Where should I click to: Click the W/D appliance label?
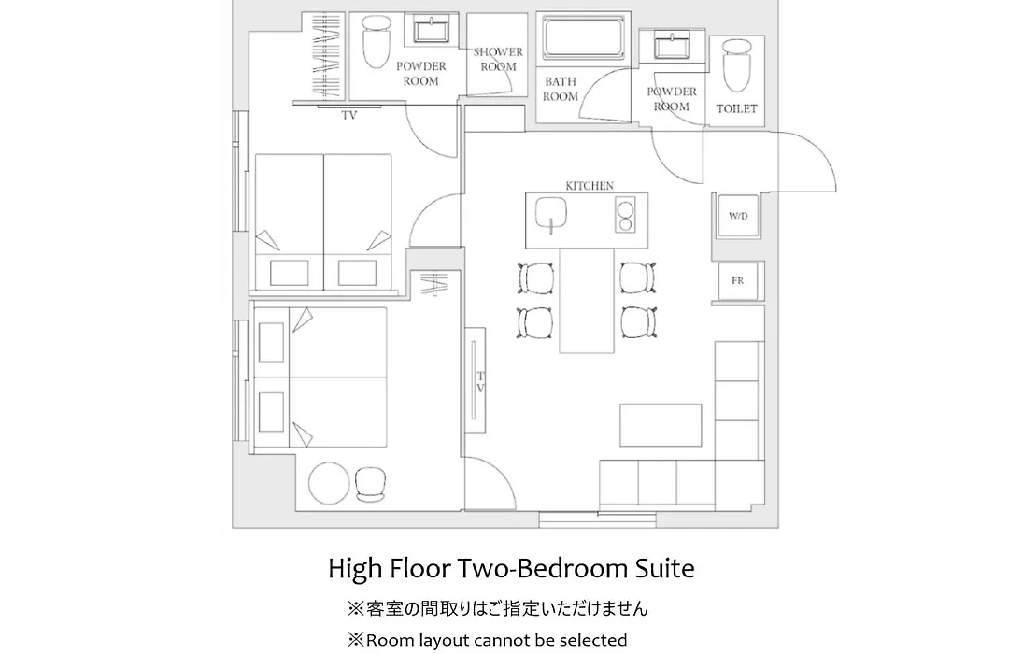[738, 216]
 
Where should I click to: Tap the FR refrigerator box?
[738, 280]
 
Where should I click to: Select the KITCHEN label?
[590, 185]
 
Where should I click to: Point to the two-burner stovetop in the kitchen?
[625, 215]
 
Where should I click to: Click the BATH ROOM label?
[561, 89]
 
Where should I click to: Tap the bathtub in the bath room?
[584, 38]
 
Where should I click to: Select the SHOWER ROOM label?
[498, 59]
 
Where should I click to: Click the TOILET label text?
[737, 108]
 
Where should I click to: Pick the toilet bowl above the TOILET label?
[737, 64]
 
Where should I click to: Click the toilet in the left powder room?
[377, 41]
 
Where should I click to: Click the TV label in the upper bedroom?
[349, 116]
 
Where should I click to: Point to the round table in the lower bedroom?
[329, 483]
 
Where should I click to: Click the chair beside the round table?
[371, 484]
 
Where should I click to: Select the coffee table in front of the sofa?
[661, 425]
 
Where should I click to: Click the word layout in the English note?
[445, 641]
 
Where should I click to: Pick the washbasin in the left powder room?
[431, 30]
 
